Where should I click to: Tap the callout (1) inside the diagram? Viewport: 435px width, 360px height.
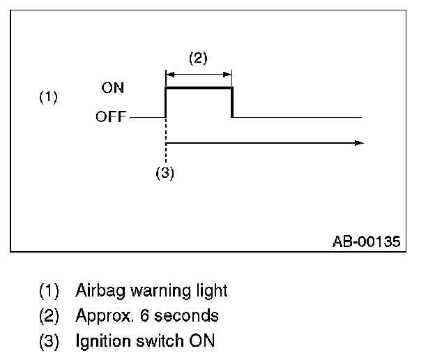click(48, 97)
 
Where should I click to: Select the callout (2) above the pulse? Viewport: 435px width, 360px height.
click(198, 58)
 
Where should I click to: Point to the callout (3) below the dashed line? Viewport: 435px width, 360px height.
click(165, 174)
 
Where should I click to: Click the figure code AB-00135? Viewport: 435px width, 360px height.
click(366, 241)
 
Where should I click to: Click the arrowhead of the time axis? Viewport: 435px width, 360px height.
click(358, 142)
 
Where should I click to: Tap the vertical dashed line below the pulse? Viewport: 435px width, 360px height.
click(165, 140)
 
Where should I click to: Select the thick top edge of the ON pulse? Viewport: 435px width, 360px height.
click(198, 88)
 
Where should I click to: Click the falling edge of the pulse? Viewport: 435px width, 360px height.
click(231, 103)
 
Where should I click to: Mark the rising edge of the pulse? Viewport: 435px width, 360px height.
click(165, 103)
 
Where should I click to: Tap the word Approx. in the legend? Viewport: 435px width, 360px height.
click(102, 316)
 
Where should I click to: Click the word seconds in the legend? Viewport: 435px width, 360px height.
click(186, 315)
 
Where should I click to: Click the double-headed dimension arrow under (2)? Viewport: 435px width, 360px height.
click(198, 72)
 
